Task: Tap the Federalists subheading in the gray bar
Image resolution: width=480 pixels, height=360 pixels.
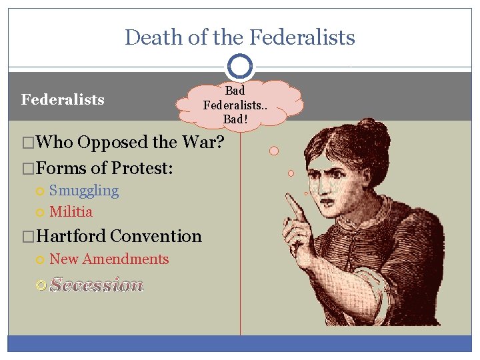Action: pos(63,100)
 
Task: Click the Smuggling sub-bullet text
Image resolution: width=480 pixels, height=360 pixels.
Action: pos(84,191)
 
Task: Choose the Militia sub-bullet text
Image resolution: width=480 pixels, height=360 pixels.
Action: pos(71,212)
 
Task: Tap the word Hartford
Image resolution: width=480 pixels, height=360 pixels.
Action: pos(73,236)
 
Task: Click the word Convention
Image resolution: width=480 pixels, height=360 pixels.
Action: pos(156,236)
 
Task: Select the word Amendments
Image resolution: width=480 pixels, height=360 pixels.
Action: pos(126,259)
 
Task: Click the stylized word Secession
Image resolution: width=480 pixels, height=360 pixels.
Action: pos(97,285)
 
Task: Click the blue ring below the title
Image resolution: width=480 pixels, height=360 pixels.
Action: pos(240,66)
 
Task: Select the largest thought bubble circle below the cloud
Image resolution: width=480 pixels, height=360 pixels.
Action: pos(274,151)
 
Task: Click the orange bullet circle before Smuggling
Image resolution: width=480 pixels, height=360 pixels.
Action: pos(41,191)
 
